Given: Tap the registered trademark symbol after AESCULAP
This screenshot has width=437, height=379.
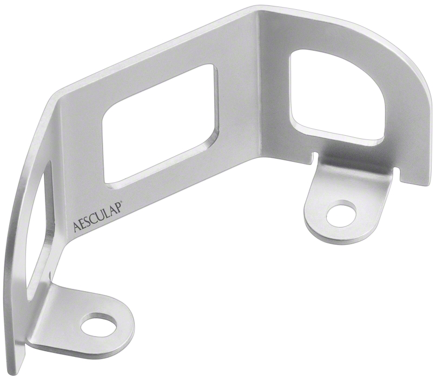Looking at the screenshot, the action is pos(120,207).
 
